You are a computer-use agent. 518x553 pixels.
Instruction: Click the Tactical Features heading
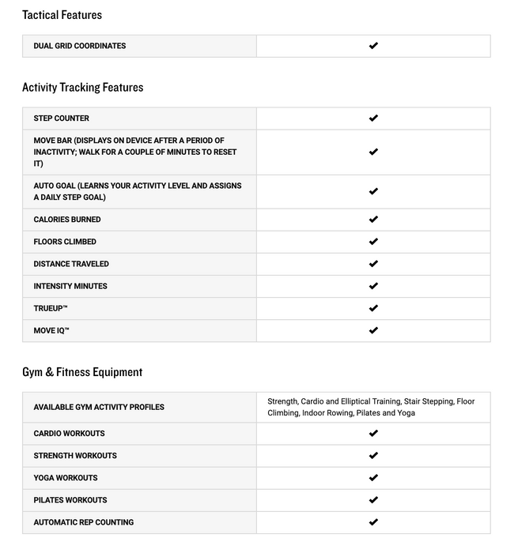tap(62, 15)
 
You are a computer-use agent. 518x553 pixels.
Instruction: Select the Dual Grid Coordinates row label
tap(79, 46)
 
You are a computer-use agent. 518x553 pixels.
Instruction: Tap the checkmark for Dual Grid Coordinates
tap(373, 46)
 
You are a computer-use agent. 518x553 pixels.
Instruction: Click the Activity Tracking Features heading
tap(82, 88)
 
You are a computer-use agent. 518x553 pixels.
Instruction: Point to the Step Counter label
tap(61, 118)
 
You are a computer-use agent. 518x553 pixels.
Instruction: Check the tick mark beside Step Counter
tap(373, 118)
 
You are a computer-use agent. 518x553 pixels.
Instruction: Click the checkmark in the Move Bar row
tap(373, 152)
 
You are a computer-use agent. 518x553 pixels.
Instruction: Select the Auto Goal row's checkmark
tap(373, 191)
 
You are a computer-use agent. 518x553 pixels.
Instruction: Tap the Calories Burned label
tap(67, 220)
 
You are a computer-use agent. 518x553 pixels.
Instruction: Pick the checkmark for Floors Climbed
tap(373, 242)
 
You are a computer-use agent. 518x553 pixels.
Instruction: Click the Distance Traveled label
tap(71, 264)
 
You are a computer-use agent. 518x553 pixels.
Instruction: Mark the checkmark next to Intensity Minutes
tap(373, 286)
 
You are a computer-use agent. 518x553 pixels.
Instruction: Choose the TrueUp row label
tap(51, 308)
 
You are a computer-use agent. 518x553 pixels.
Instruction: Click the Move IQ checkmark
tap(373, 330)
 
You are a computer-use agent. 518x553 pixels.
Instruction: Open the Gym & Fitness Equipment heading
tap(82, 372)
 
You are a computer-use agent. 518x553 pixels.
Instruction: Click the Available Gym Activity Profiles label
tap(99, 408)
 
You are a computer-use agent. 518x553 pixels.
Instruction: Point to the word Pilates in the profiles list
tap(369, 413)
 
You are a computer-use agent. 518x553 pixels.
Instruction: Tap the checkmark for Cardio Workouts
tap(373, 433)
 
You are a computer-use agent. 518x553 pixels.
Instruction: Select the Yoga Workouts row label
tap(66, 478)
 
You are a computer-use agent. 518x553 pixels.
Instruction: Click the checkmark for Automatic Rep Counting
tap(373, 522)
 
